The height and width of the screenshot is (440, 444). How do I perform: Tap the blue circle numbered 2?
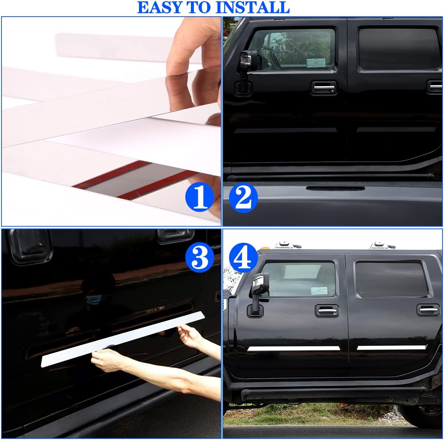tap(243, 198)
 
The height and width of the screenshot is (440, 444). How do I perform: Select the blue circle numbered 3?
tap(200, 258)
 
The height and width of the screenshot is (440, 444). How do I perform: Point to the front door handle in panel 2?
tap(323, 88)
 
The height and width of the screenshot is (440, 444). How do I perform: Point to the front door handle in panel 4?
tap(327, 311)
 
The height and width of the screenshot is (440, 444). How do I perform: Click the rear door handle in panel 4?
tap(428, 310)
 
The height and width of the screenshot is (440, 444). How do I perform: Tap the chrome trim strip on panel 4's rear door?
tap(391, 347)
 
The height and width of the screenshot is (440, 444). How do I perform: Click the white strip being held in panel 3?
tap(122, 339)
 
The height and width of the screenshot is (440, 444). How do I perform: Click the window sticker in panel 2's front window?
tap(316, 63)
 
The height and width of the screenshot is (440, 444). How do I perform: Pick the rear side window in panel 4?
tap(391, 279)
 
